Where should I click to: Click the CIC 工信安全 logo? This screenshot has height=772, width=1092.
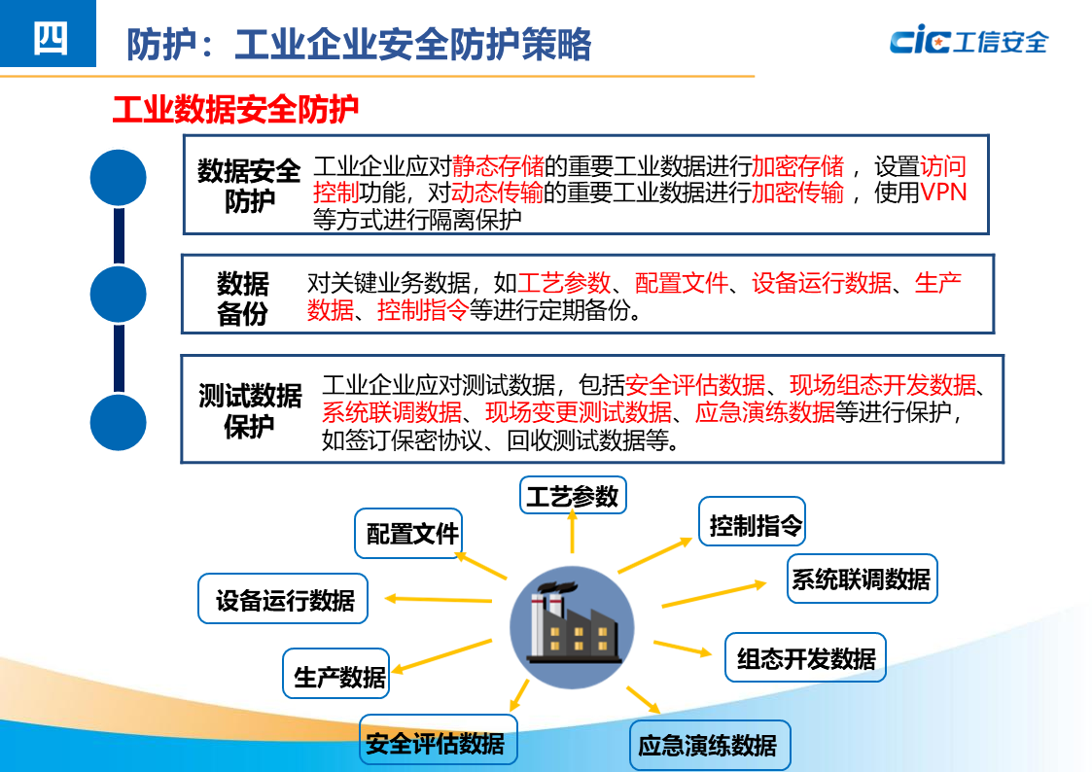(968, 41)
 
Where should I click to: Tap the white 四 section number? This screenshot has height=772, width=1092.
(50, 38)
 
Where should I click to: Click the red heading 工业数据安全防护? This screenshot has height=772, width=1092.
(235, 110)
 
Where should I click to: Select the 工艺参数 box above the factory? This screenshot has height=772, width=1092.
(572, 496)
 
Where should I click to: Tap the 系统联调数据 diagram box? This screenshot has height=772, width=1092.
(861, 579)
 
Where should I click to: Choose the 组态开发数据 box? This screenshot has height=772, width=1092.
(805, 658)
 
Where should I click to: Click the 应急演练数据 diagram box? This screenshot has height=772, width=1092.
(708, 746)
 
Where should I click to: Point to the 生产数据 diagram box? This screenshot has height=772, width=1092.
(338, 676)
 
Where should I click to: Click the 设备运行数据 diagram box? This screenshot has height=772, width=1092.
(284, 600)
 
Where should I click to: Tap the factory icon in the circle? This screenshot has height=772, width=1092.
(572, 627)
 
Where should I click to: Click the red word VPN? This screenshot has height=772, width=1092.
(943, 192)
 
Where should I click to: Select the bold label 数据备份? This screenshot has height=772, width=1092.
(242, 298)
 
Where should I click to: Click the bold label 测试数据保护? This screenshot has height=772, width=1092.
(250, 411)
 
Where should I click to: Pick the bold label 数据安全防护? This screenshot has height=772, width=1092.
(249, 186)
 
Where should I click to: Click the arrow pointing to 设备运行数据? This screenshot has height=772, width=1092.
(438, 599)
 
